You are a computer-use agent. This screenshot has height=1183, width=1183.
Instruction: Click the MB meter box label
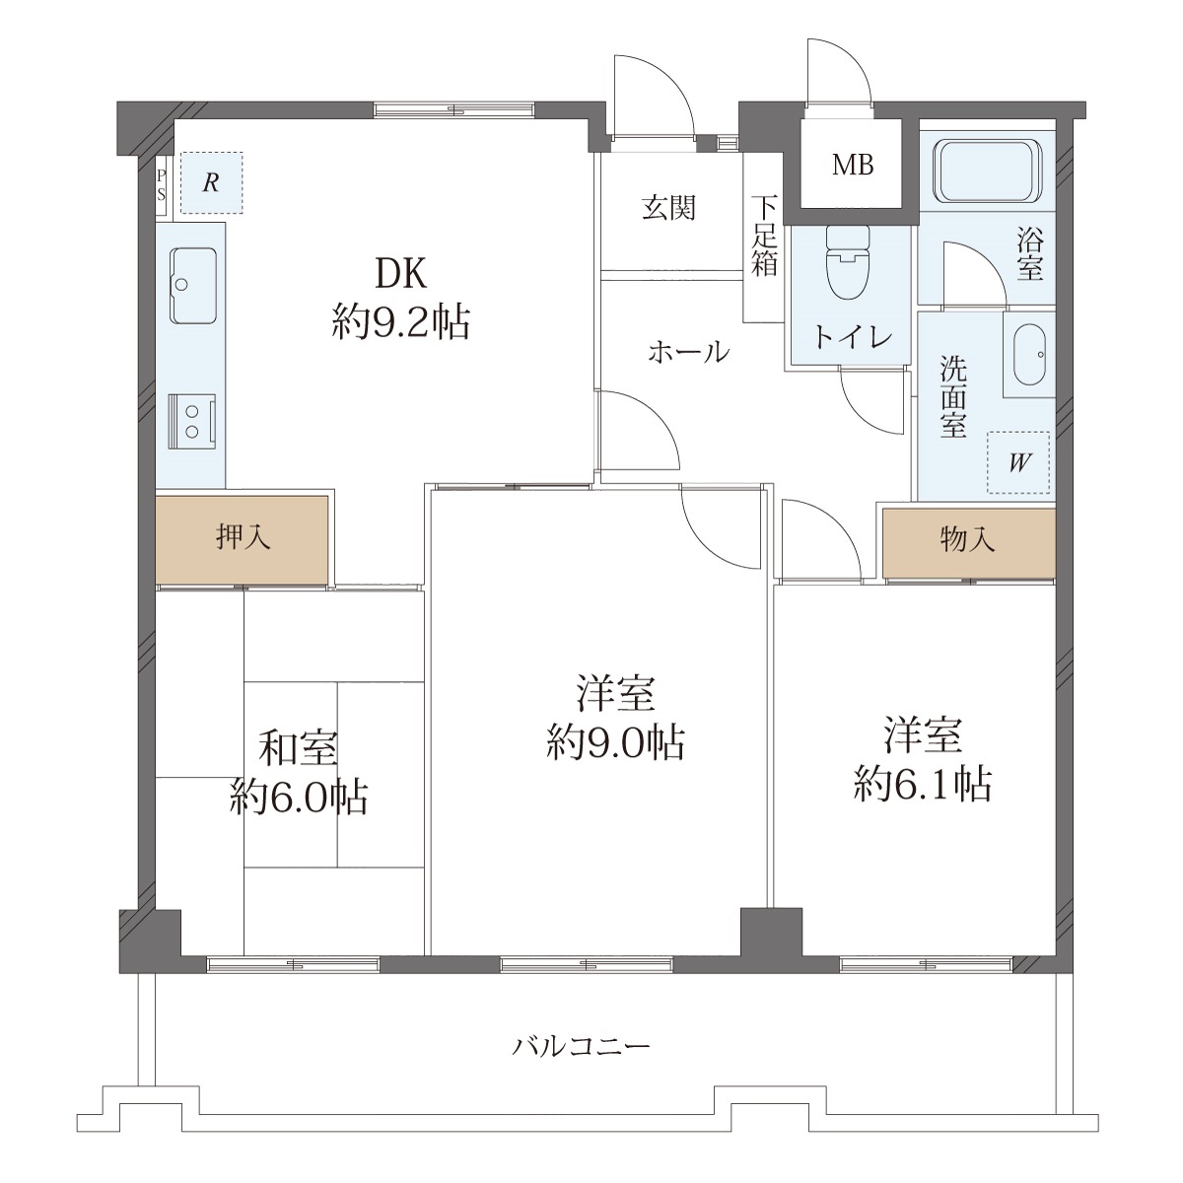pos(853,165)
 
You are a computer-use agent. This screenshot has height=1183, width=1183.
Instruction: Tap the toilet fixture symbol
pos(849,263)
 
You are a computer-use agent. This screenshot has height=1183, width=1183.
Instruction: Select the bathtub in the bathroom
pos(988,172)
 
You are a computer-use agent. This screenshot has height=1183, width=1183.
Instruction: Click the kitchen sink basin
pos(193,286)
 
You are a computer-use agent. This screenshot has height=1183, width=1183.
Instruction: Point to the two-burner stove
pos(193,422)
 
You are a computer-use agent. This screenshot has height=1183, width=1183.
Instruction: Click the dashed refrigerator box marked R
pos(211,183)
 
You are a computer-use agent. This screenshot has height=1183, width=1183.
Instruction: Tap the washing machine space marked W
pos(1018,462)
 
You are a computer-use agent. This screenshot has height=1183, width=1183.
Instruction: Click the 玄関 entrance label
pos(668,208)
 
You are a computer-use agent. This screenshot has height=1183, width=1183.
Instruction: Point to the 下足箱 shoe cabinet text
pos(764,236)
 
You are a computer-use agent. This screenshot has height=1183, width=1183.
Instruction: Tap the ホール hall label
pos(689,352)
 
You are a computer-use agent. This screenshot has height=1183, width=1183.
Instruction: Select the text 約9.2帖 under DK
pos(401,323)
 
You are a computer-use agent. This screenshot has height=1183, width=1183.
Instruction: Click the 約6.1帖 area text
pos(923,785)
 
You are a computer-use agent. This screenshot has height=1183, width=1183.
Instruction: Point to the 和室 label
pos(298,749)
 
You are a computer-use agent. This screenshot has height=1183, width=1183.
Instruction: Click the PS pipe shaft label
pos(162,184)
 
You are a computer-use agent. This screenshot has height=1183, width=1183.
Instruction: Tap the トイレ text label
pos(852,336)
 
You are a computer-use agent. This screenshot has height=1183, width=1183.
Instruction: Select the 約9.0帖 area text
pos(615,743)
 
